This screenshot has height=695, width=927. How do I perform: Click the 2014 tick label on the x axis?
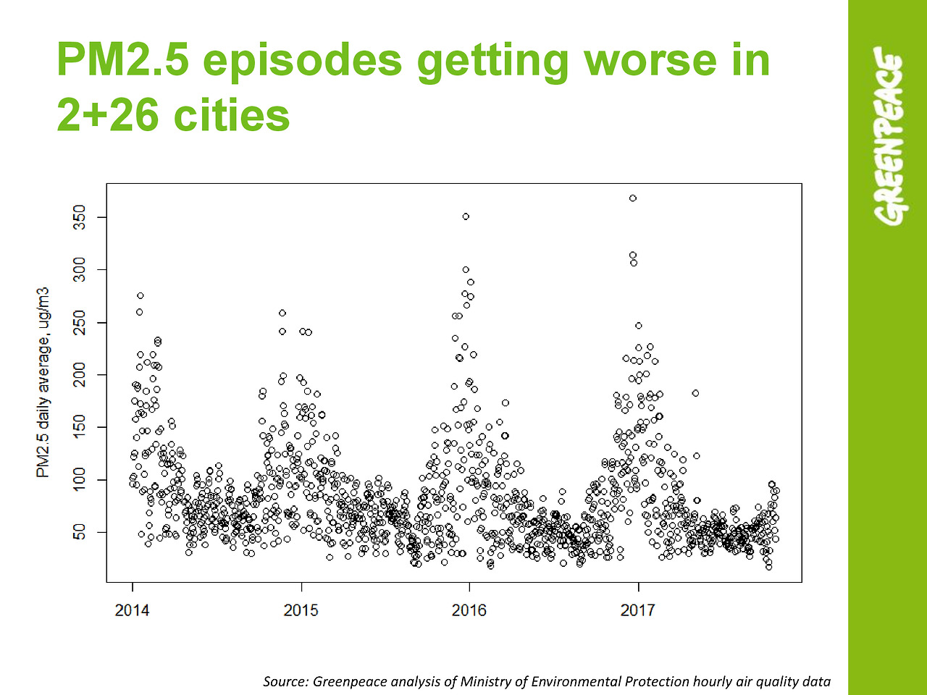pos(132,610)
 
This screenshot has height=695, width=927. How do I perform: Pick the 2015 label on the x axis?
pos(301,610)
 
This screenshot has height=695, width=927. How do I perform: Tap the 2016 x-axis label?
pos(469,610)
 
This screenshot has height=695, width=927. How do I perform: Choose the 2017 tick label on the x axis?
pos(638,610)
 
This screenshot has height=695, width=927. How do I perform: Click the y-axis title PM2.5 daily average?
pos(43,382)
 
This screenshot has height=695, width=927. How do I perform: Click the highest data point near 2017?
pos(633,198)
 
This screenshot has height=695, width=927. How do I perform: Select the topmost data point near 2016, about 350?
pos(466,216)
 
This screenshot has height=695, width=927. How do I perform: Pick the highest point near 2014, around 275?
pos(140,295)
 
